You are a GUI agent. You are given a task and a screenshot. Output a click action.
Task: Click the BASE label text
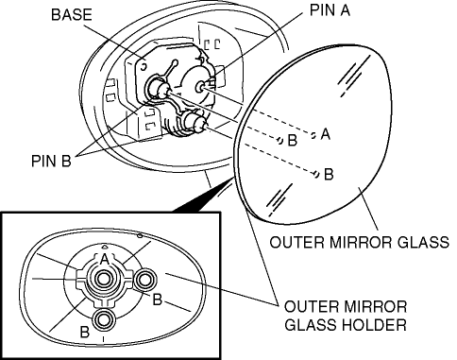tap(72, 15)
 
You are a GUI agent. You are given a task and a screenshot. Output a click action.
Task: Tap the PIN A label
tap(330, 9)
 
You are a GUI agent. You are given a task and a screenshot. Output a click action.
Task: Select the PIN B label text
tap(51, 161)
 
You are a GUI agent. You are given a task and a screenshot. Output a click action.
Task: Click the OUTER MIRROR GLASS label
tap(360, 242)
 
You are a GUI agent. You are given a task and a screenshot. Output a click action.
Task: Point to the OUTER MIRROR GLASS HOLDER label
tap(346, 316)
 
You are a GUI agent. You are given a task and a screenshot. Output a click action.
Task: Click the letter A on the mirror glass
tap(326, 134)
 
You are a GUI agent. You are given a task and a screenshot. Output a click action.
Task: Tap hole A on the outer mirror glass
tap(313, 135)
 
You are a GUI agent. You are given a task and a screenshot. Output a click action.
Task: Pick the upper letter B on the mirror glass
tap(293, 140)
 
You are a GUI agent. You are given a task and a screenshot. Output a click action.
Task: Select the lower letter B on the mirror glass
tap(329, 174)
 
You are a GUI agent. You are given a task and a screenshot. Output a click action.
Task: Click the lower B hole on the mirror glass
tap(316, 174)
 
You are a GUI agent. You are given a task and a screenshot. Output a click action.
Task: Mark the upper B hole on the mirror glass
tap(279, 140)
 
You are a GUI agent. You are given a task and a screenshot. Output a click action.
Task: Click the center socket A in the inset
tap(103, 279)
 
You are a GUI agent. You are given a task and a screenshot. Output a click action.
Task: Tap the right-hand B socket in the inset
tap(144, 280)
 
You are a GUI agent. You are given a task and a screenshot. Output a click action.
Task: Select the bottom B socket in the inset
tap(103, 319)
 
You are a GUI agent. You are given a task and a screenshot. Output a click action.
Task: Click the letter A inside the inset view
tap(104, 259)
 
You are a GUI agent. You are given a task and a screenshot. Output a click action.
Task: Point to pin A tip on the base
tap(200, 87)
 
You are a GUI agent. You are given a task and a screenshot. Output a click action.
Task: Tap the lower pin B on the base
tap(195, 123)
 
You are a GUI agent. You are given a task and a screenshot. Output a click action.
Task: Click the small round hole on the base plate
tap(144, 66)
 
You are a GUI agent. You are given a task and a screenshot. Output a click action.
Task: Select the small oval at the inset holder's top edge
tap(140, 235)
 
